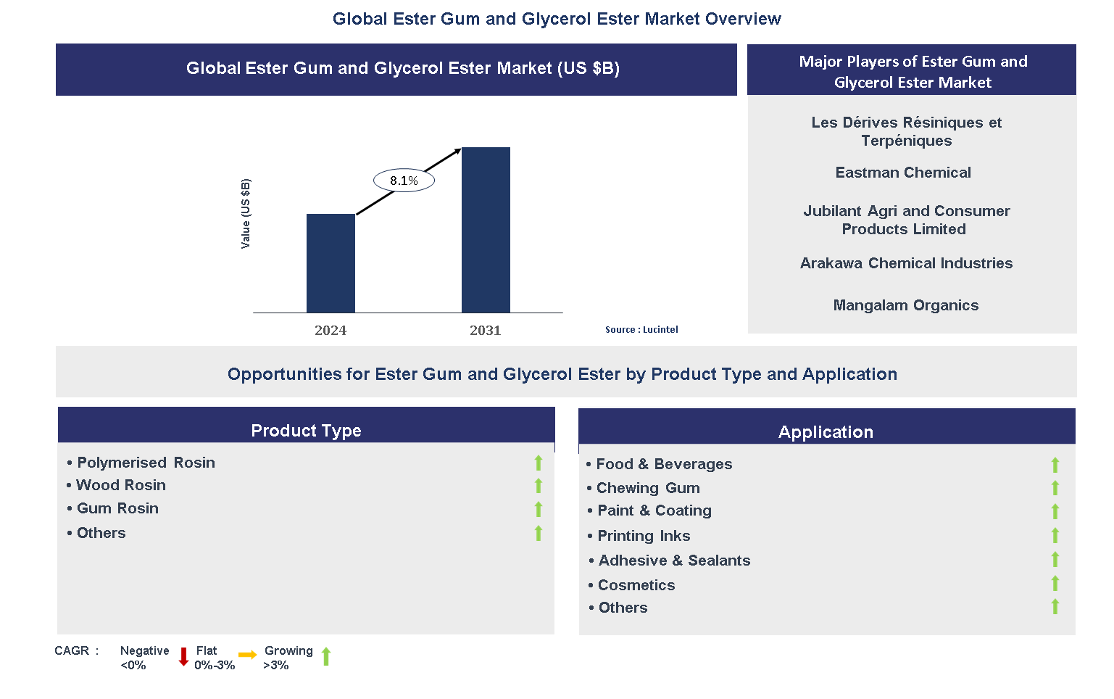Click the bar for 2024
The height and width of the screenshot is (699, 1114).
[331, 263]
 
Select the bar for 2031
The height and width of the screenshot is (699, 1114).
[486, 230]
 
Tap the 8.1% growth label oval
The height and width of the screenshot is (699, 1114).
[404, 181]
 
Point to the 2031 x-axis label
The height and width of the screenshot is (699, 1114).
[486, 331]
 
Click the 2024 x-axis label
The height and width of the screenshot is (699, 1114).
[331, 331]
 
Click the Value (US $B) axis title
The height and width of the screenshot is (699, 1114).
[246, 213]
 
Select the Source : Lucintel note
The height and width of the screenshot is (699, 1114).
[641, 329]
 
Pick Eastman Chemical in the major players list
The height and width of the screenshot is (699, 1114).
[903, 173]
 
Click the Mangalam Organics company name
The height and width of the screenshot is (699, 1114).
[905, 305]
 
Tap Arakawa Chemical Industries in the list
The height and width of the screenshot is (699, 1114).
[906, 263]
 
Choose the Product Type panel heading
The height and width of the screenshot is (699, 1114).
[306, 430]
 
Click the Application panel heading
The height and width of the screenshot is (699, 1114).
[826, 432]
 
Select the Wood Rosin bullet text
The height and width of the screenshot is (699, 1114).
[121, 485]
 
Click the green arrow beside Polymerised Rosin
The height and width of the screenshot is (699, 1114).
[538, 463]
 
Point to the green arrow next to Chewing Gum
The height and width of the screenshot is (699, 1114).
[1055, 487]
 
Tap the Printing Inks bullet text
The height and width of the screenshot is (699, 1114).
[644, 536]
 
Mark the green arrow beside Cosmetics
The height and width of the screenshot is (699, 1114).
[1055, 583]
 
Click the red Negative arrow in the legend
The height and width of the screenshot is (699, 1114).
[183, 657]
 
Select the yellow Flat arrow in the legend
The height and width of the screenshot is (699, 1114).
[248, 655]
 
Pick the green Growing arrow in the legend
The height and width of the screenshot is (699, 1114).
[326, 656]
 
